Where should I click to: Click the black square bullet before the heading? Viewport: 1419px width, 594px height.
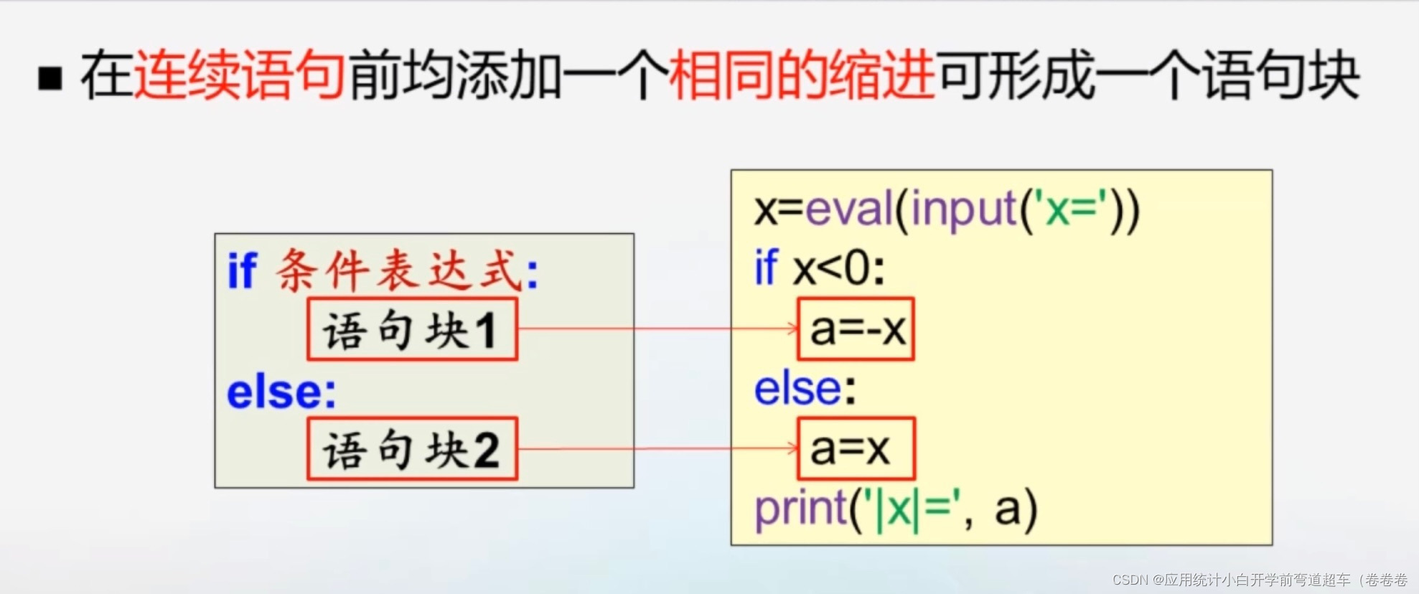click(50, 77)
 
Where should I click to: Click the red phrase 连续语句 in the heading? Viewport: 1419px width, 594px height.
click(240, 75)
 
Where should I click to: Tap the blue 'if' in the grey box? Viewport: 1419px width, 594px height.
click(242, 271)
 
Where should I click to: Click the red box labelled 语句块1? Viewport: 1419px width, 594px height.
click(412, 330)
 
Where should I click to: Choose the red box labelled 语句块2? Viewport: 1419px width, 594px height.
click(412, 449)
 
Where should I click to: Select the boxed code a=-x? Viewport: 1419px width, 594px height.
click(856, 329)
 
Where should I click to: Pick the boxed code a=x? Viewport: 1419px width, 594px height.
click(856, 449)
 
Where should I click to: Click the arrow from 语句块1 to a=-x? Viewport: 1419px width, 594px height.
click(657, 329)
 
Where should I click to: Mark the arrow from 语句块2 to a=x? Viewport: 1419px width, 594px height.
click(657, 449)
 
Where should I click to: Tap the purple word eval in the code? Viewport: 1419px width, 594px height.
click(849, 209)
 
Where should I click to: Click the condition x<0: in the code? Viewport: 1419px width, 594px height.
click(838, 270)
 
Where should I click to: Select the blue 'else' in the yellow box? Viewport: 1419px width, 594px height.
click(797, 389)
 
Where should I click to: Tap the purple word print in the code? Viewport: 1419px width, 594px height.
click(800, 509)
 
